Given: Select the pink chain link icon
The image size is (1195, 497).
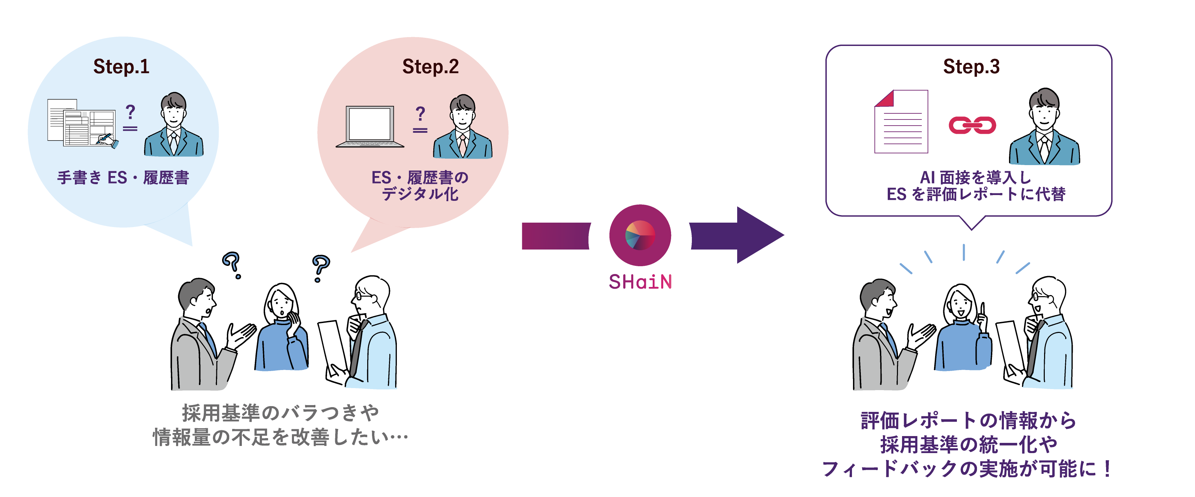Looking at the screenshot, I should (x=972, y=125).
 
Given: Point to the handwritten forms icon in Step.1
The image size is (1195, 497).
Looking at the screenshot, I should (x=82, y=123).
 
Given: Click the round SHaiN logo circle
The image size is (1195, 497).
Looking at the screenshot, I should (x=640, y=235).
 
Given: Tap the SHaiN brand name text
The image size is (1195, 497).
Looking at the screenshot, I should (x=640, y=282).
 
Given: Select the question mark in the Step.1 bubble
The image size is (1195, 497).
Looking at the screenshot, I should (x=130, y=111).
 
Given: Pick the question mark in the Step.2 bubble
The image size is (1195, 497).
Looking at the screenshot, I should (x=420, y=113).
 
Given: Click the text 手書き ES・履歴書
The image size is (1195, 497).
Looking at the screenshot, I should (x=123, y=178).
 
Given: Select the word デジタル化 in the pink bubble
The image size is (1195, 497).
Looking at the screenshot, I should (x=420, y=194).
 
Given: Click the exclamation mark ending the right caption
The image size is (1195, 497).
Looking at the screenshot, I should (x=1108, y=469).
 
